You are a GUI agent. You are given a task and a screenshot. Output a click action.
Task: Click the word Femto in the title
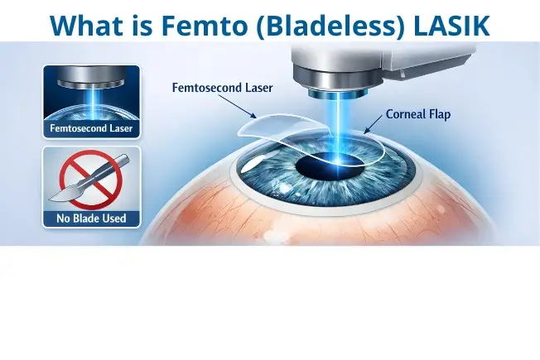point(184,24)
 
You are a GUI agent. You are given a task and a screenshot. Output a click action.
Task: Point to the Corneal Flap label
point(417,114)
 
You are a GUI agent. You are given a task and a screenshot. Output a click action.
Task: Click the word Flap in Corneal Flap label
point(438,114)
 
